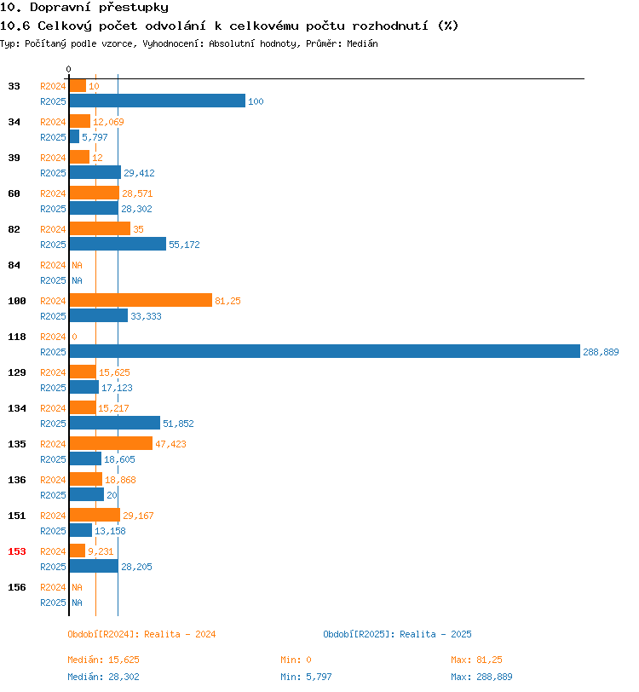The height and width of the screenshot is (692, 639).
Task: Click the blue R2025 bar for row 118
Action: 325,351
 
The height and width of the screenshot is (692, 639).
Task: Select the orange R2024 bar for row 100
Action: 141,300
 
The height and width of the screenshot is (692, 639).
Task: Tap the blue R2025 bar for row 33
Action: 158,101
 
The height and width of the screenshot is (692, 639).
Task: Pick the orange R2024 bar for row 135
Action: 112,443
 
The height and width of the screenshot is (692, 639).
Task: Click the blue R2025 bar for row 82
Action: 118,244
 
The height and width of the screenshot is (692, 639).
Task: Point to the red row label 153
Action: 17,551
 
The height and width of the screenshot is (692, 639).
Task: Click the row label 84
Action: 14,265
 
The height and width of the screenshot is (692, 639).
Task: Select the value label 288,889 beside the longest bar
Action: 601,352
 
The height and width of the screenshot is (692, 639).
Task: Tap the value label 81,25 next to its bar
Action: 227,301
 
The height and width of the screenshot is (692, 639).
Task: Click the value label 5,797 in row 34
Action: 95,137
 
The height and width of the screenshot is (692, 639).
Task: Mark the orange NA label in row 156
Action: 78,587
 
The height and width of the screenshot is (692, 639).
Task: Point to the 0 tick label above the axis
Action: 68,69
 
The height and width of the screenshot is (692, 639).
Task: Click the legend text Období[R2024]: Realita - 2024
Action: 141,634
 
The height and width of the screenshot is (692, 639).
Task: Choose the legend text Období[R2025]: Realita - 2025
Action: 397,634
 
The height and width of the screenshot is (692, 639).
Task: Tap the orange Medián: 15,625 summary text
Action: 103,660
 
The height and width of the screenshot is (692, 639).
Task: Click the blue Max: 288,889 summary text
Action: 481,677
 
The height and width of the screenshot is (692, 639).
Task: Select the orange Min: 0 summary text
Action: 296,660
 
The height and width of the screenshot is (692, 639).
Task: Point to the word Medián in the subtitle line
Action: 362,43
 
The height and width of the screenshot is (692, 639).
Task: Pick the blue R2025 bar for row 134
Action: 115,423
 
